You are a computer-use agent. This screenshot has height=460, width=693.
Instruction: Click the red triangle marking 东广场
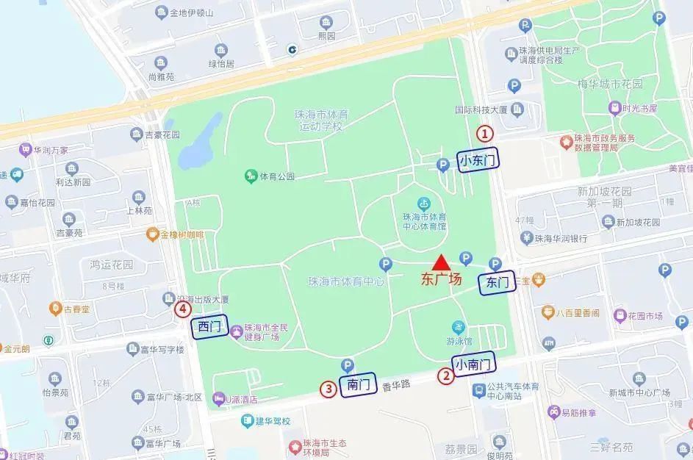pyautogui.click(x=440, y=262)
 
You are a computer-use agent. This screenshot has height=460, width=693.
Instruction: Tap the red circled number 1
pyautogui.click(x=485, y=134)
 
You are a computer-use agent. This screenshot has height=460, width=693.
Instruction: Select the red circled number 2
pyautogui.click(x=446, y=376)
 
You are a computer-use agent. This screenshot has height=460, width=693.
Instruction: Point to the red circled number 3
pyautogui.click(x=328, y=389)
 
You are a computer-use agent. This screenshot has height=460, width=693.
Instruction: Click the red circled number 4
pyautogui.click(x=182, y=310)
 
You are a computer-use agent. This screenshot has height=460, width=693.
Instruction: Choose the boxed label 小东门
pyautogui.click(x=478, y=159)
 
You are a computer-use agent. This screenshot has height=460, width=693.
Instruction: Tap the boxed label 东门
pyautogui.click(x=497, y=282)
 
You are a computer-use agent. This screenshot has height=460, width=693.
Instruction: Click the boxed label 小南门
pyautogui.click(x=473, y=363)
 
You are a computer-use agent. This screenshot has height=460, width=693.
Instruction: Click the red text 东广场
pyautogui.click(x=441, y=279)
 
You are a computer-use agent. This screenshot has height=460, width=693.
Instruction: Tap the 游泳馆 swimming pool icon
pyautogui.click(x=459, y=327)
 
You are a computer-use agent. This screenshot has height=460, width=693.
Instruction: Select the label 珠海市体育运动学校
pyautogui.click(x=319, y=121)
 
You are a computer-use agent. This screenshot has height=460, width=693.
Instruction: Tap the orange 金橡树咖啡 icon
pyautogui.click(x=152, y=234)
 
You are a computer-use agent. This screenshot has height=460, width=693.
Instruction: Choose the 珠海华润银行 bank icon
pyautogui.click(x=526, y=237)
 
